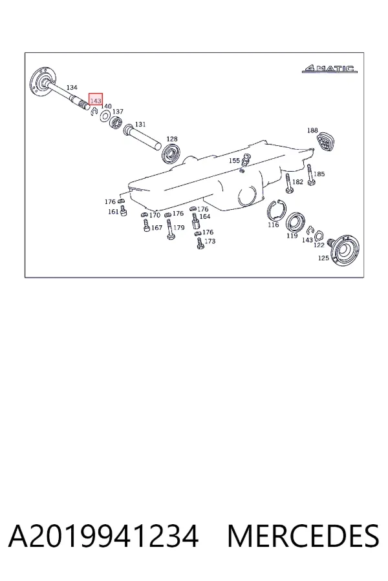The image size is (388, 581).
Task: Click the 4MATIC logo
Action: tap(329, 68)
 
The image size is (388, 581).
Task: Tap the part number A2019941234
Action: tap(103, 536)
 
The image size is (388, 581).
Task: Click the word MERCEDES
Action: tap(303, 536)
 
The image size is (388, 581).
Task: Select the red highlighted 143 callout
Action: tap(96, 101)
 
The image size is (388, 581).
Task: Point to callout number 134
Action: tap(72, 87)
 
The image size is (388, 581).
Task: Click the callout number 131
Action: tap(140, 124)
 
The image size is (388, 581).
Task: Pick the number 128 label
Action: tap(172, 139)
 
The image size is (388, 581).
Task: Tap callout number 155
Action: tap(234, 161)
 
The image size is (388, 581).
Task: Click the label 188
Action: tap(312, 130)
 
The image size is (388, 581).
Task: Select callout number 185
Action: tap(319, 174)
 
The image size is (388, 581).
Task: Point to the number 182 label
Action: tap(297, 181)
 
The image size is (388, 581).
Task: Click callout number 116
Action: tap(274, 225)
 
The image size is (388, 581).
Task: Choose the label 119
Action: tap(292, 236)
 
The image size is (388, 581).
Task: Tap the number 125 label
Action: tap(323, 258)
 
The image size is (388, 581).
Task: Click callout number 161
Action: tap(113, 212)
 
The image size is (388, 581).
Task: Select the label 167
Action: tap(156, 227)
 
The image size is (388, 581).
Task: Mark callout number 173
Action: tap(210, 241)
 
